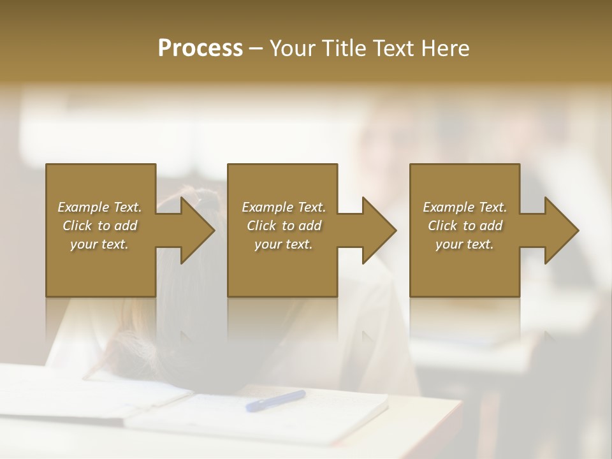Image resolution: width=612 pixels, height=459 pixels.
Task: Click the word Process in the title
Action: point(200,48)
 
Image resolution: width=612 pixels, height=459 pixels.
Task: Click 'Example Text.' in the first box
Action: point(99,207)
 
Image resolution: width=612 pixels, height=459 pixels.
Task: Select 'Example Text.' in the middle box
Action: point(284,207)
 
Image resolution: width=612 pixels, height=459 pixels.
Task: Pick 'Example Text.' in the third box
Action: point(465,207)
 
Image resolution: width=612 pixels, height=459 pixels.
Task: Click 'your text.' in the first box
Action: point(99,244)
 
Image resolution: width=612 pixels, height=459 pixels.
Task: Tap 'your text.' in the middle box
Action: point(284,244)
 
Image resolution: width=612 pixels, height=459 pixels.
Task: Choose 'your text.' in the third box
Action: point(465,244)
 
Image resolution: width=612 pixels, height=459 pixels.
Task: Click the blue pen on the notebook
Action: point(275,400)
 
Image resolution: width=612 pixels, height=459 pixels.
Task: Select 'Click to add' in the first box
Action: point(99,226)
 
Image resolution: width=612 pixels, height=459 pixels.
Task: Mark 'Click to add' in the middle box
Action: point(284,226)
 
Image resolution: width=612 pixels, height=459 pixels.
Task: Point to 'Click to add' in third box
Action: point(465,226)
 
